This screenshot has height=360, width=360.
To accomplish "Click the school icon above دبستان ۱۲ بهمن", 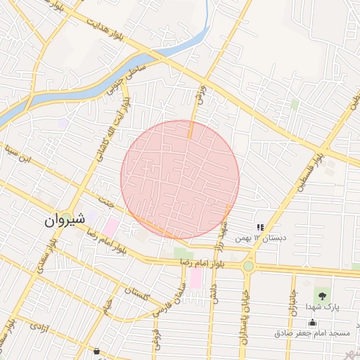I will pos(259,227).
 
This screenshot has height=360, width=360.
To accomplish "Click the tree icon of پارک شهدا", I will pos(323,295).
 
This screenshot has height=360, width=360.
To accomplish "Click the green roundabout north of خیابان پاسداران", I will pos(248,266).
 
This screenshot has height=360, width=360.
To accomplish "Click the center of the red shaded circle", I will pos(180,180).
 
